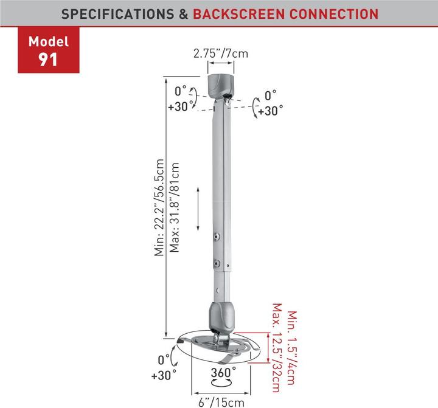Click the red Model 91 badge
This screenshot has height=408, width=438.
[49, 52]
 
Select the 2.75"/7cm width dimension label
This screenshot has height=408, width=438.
[221, 54]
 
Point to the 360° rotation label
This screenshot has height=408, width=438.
[223, 372]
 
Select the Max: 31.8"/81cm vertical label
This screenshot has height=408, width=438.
[175, 207]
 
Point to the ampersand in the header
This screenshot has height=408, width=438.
[182, 13]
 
